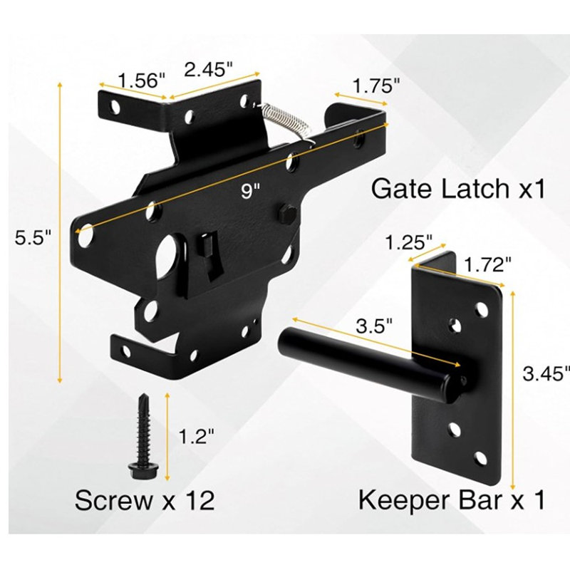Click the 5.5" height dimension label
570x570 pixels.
[x=31, y=238]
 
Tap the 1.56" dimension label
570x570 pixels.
[x=142, y=80]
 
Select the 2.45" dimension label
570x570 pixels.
[x=208, y=69]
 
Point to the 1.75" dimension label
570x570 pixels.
[x=376, y=86]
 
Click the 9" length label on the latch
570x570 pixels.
[x=251, y=190]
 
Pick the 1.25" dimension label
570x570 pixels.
[x=408, y=242]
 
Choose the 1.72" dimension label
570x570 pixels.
[x=488, y=264]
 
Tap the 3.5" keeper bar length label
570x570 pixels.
[x=374, y=326]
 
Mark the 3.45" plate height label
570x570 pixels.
[x=546, y=373]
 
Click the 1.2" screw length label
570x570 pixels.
[x=197, y=435]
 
